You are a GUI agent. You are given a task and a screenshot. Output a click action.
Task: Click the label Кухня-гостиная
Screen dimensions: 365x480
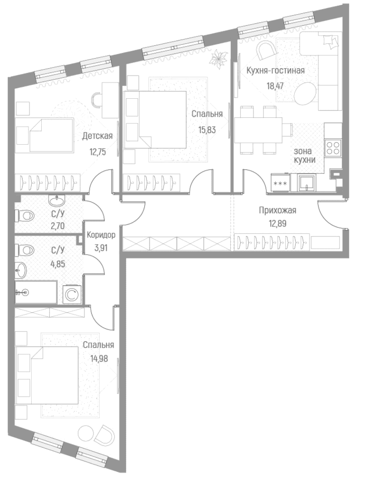point(276,71)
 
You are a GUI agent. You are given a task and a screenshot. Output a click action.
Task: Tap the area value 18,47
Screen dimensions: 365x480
point(275,86)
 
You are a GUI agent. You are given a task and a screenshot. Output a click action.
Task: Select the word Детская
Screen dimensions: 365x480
point(97,136)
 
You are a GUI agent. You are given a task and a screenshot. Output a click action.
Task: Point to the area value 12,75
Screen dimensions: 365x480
point(98,152)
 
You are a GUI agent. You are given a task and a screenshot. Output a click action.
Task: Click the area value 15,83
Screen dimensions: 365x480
point(207,130)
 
